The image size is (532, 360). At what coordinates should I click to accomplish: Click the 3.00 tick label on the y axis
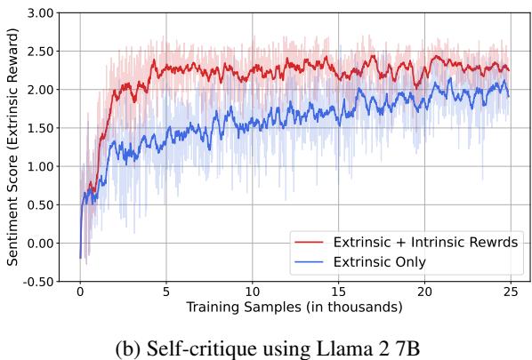pos(41,14)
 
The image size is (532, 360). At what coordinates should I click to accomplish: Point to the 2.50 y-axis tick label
pos(41,52)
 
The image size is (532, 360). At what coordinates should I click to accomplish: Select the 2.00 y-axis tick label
pos(41,91)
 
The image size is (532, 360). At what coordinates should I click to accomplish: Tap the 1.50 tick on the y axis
pos(41,129)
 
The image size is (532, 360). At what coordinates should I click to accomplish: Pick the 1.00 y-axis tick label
pos(41,167)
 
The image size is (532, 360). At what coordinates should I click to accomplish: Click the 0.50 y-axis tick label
pos(41,205)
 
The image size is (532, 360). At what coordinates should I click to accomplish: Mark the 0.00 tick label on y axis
pos(41,244)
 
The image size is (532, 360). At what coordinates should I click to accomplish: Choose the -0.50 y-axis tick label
pos(39,282)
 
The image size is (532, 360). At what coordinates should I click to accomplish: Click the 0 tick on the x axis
pos(80,292)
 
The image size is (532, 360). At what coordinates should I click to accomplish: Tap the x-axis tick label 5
pos(166,292)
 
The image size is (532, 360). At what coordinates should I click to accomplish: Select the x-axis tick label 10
pos(253,292)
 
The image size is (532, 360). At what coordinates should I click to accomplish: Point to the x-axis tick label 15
pos(339,292)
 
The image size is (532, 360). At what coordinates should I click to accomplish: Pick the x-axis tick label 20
pos(425,292)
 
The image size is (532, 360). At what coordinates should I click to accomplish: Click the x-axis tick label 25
pos(512,292)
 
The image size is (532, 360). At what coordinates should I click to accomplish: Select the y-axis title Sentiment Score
pos(12,148)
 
